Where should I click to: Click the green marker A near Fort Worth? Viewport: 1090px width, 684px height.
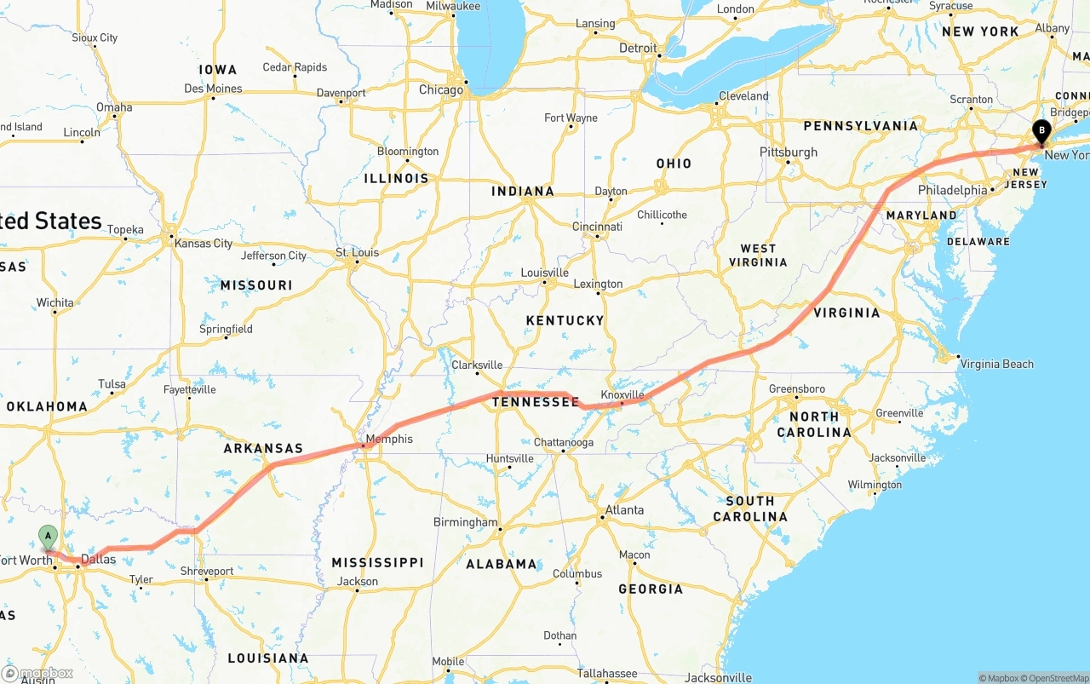coord(49,537)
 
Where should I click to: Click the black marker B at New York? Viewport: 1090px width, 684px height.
coord(1041,132)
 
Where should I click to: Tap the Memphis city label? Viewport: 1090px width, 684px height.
coord(392,439)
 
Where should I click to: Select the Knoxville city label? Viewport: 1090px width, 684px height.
coord(622,394)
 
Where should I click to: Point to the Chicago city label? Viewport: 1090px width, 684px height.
coord(440,89)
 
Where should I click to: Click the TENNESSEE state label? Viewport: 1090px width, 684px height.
coord(536,402)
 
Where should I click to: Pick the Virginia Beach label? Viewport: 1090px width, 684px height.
coord(996,364)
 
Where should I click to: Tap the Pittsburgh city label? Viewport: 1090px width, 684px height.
coord(788,152)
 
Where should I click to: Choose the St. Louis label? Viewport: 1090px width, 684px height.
coord(357,252)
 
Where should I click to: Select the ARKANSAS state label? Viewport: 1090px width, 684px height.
coord(263,448)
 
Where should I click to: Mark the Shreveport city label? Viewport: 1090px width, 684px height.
coord(207,572)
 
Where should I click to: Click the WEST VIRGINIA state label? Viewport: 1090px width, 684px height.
coord(758,256)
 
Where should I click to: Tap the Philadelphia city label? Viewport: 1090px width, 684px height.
coord(952,190)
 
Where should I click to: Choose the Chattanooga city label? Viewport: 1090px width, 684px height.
coord(563,442)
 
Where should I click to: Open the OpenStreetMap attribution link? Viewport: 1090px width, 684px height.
coord(1056,678)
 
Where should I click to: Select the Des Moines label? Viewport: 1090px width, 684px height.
coord(213,89)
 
